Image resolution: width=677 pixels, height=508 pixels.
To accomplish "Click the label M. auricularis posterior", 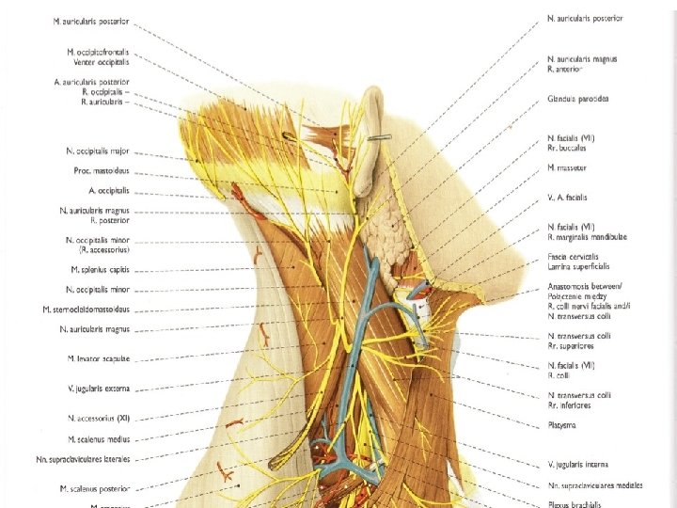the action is click(x=92, y=21).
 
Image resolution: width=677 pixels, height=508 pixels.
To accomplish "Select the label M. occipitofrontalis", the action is click(x=98, y=53).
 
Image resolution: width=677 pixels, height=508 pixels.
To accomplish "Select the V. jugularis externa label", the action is click(x=98, y=388).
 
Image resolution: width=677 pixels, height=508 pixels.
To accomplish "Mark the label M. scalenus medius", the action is click(x=98, y=439).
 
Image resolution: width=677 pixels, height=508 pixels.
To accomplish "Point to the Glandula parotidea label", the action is click(x=578, y=99).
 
